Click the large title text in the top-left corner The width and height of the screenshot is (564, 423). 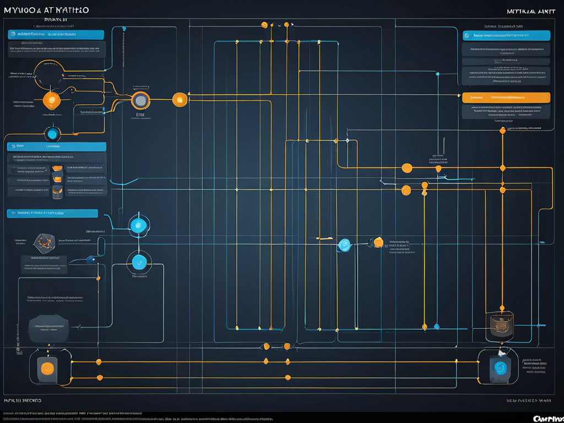[x=46, y=10]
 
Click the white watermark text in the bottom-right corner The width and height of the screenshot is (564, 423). [x=547, y=419]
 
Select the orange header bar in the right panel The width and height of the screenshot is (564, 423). [x=506, y=97]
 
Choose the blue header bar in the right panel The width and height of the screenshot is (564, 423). [x=506, y=35]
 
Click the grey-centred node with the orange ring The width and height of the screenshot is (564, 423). [x=141, y=100]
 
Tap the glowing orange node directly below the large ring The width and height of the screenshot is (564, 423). [x=51, y=100]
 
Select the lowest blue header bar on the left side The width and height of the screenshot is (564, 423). [x=52, y=213]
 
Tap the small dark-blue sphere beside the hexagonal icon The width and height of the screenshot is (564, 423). [x=90, y=259]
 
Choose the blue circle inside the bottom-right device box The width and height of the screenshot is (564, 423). [x=501, y=368]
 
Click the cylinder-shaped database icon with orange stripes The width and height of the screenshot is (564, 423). [x=500, y=326]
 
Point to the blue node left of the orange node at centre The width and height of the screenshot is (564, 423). [x=345, y=244]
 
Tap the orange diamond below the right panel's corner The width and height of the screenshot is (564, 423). [x=502, y=131]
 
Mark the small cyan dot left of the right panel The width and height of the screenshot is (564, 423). [x=438, y=74]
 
